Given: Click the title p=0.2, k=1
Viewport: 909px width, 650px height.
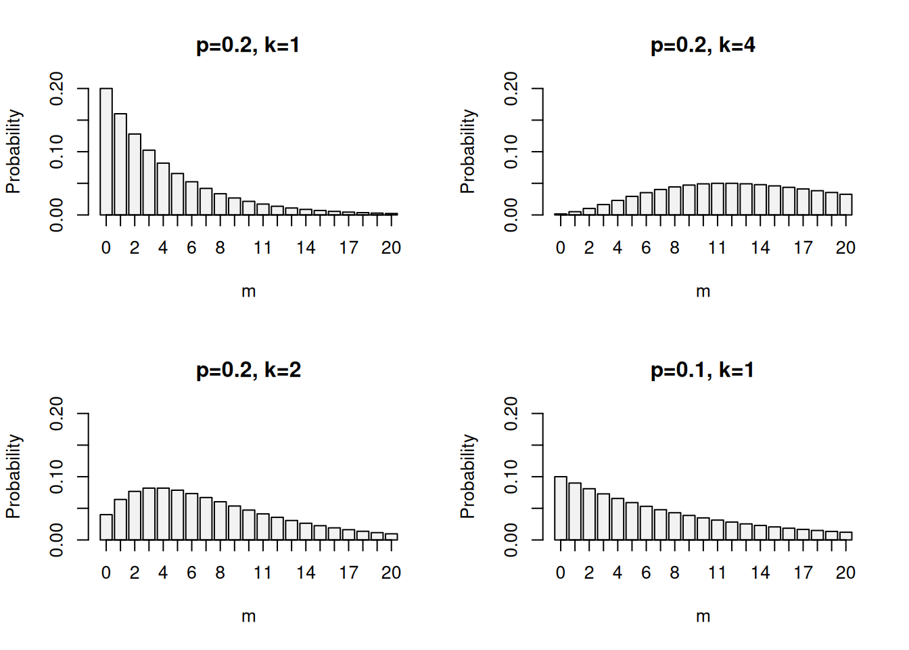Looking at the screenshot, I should pos(248,45).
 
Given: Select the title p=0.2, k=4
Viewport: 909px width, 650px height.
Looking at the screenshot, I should pos(702,45).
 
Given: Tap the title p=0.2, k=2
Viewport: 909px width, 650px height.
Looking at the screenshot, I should pos(248,370).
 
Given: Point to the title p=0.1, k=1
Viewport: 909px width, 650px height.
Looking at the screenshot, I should pos(702,370).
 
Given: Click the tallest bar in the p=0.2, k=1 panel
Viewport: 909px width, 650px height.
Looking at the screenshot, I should pos(106,152).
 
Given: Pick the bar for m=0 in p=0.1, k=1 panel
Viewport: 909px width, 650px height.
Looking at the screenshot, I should pos(561,508).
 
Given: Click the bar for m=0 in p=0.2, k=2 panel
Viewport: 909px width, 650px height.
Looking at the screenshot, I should pos(106,527).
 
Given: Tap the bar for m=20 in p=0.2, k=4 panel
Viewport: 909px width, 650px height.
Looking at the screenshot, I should pos(845,204).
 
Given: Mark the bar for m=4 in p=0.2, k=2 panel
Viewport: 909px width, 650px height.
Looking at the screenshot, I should pos(163,514).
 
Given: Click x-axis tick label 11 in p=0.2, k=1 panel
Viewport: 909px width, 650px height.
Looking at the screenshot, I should pos(262,248).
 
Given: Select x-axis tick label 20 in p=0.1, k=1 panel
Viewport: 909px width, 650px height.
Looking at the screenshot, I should pos(845,573).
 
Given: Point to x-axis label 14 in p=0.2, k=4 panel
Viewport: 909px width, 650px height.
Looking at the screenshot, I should pos(760,248).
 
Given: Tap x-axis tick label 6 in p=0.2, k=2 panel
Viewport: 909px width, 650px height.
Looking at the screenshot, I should pos(191,573).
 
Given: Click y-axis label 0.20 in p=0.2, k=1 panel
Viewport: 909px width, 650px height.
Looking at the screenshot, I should pos(57,89).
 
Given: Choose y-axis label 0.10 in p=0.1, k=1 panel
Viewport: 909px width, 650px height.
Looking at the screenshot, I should pos(511,477).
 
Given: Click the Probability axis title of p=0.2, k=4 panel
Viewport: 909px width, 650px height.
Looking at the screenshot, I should pos(467,152).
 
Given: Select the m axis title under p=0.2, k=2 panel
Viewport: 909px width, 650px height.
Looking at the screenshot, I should pos(248,617).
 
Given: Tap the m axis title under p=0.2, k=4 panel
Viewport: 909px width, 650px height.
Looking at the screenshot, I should pos(703,292).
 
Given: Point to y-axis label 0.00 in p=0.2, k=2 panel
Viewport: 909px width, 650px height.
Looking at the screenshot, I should pos(57,540).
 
